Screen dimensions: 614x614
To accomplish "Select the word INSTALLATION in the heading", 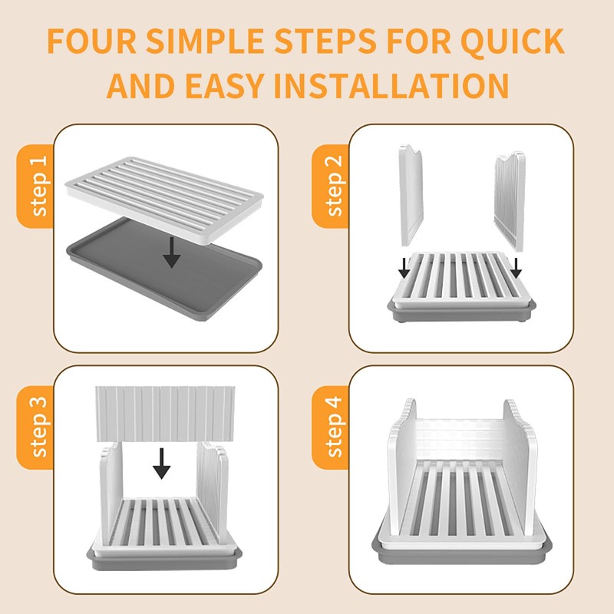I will click(x=391, y=85).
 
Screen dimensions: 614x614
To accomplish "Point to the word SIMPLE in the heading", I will click(x=217, y=41).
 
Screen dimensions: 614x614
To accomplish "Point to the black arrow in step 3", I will click(x=161, y=463).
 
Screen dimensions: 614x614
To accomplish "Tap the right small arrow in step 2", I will click(x=516, y=268).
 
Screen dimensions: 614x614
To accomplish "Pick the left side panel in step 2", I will click(x=412, y=192).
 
